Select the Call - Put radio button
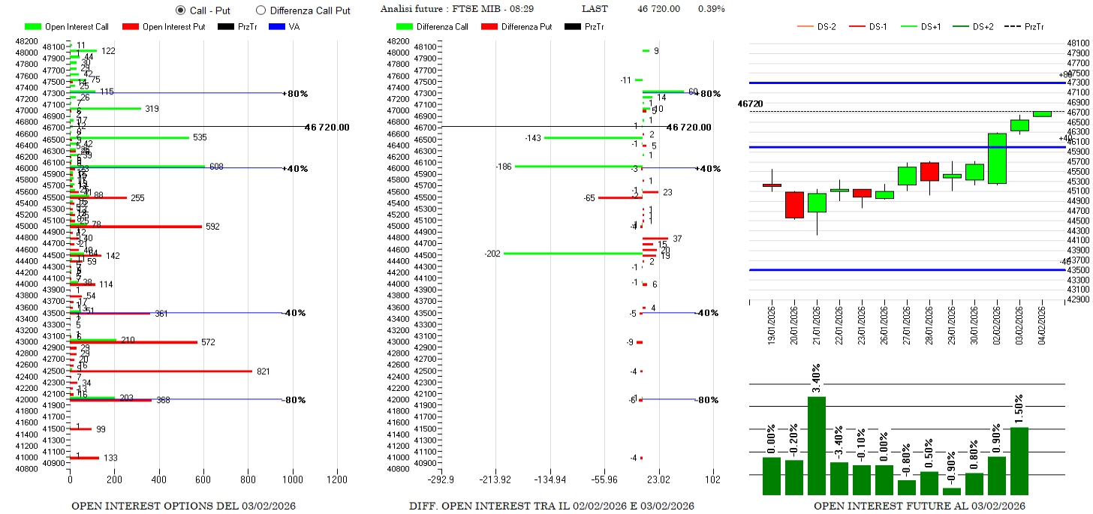coord(180,11)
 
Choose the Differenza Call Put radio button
coord(261,11)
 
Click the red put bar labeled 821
coord(161,371)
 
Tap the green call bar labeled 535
coord(129,137)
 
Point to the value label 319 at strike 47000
coord(152,109)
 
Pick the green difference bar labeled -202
coord(572,254)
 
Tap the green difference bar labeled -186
coord(578,166)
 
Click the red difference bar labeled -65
coord(619,197)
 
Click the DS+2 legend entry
coord(974,27)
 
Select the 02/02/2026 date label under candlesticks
coord(997,323)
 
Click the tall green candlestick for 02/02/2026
coord(997,158)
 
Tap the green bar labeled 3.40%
coord(817,446)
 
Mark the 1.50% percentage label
coord(1019,413)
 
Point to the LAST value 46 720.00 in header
coord(658,9)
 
